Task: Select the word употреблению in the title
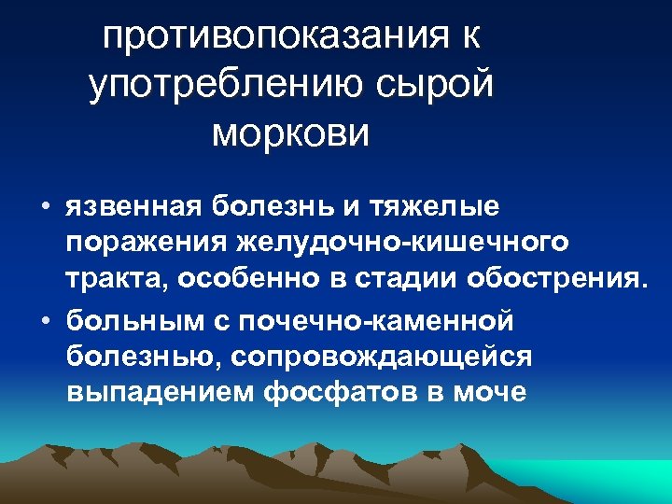point(231,86)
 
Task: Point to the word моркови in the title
point(291,133)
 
